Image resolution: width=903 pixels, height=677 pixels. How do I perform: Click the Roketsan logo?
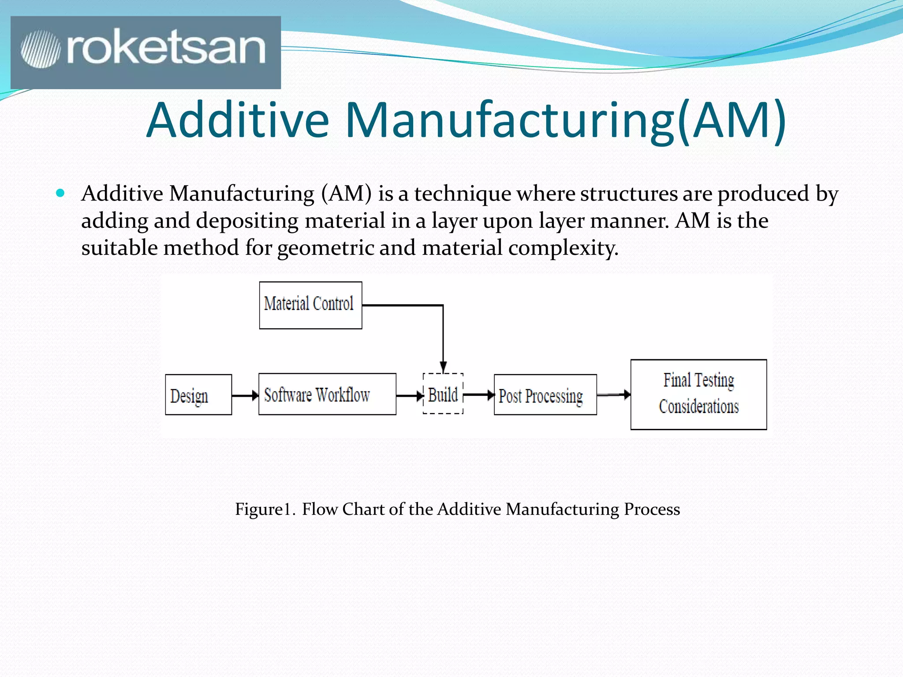coord(146,52)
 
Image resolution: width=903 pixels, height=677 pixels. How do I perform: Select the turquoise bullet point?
coord(60,193)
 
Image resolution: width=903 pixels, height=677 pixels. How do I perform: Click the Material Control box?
coord(310,305)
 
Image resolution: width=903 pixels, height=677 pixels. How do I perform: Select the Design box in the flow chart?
coord(198,395)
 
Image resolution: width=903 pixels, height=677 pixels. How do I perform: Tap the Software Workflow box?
coord(327,394)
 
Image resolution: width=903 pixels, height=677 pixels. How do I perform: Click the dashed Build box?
coord(443,394)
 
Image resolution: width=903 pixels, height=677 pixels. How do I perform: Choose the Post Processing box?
coord(545,395)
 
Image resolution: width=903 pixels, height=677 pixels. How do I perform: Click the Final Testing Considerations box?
coord(698,394)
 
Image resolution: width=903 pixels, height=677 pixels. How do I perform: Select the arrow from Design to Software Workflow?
coord(245,395)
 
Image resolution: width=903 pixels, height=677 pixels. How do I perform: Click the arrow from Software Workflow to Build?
coord(409,396)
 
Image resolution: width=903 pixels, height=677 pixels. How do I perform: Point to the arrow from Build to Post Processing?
coord(479,395)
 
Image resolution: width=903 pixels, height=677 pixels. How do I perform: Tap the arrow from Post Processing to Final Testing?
coord(614,394)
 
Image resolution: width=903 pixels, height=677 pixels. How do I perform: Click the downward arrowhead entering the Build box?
coord(443,367)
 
